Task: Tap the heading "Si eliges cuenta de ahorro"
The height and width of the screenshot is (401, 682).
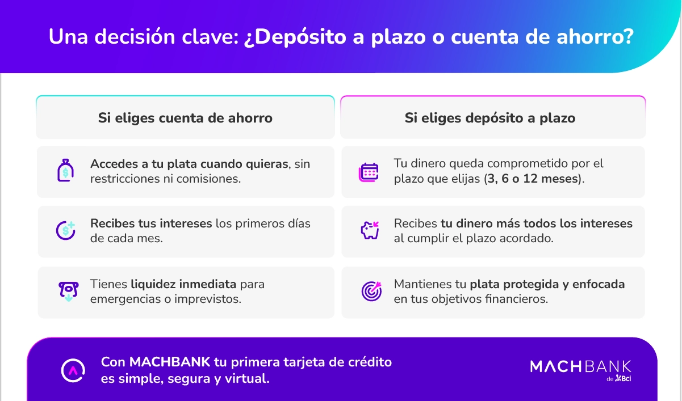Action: pyautogui.click(x=185, y=118)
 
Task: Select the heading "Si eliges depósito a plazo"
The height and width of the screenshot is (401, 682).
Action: pyautogui.click(x=489, y=118)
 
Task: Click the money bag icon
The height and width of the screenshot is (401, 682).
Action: pyautogui.click(x=65, y=171)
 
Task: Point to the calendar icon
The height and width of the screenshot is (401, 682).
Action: pyautogui.click(x=369, y=171)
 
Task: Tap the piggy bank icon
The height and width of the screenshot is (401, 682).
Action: pyautogui.click(x=369, y=230)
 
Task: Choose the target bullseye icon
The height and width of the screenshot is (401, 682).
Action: pyautogui.click(x=371, y=291)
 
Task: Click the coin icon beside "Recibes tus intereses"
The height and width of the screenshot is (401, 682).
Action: pyautogui.click(x=65, y=230)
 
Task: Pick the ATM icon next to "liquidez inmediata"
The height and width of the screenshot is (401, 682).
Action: pyautogui.click(x=66, y=290)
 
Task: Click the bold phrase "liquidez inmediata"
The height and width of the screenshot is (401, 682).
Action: pyautogui.click(x=184, y=284)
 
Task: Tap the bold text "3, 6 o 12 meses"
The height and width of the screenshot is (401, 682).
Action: pyautogui.click(x=533, y=179)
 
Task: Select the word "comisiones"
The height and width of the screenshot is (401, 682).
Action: pyautogui.click(x=210, y=179)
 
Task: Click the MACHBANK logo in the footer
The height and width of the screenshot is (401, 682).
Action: pyautogui.click(x=580, y=366)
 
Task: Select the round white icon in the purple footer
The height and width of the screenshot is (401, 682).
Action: pyautogui.click(x=73, y=370)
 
